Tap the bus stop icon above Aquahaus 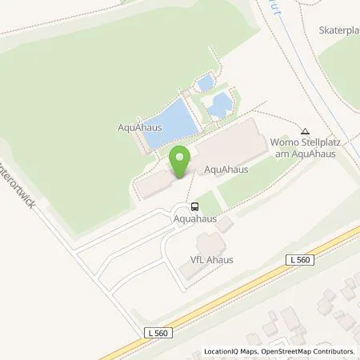[x=195, y=205]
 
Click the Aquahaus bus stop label [x=195, y=216]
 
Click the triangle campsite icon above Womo [x=304, y=132]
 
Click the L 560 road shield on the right [x=299, y=261]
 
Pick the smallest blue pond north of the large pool [x=205, y=82]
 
